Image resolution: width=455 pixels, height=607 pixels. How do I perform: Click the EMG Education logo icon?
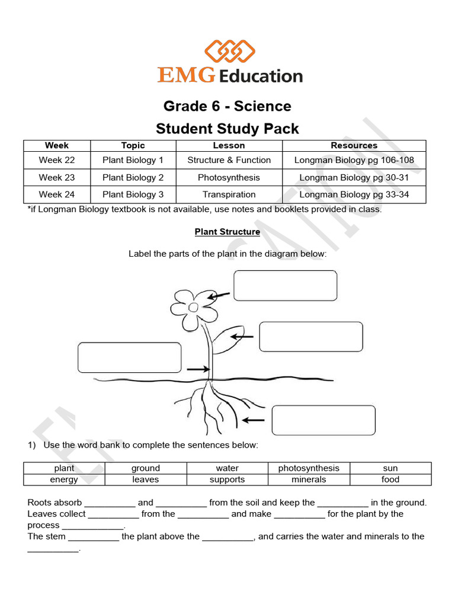(x=229, y=51)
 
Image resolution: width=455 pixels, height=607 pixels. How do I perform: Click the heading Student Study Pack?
(x=227, y=129)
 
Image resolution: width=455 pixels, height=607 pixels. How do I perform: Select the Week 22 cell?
(x=57, y=160)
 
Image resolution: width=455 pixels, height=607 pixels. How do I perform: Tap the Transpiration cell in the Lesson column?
(x=229, y=194)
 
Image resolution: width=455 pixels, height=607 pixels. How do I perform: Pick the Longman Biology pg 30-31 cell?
(x=354, y=177)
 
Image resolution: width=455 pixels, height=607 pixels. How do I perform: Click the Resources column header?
(x=354, y=145)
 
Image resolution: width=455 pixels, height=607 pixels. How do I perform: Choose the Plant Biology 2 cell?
(x=133, y=177)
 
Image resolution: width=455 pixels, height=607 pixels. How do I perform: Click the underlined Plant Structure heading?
(x=227, y=232)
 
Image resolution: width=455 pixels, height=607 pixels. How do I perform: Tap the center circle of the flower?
(x=193, y=307)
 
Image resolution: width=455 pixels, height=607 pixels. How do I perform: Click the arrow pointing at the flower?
(x=219, y=294)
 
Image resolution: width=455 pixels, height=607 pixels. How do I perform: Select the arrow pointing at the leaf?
(x=242, y=337)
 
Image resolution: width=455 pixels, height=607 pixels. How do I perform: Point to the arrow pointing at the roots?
(x=254, y=420)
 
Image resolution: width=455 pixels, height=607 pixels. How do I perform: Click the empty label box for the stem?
(x=129, y=357)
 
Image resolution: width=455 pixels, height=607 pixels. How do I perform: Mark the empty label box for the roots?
(x=323, y=420)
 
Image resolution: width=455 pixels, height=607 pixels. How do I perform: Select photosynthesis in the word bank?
(x=309, y=468)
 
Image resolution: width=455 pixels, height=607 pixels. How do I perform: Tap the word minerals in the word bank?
(x=309, y=480)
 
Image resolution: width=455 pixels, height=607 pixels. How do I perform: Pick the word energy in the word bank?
(x=64, y=480)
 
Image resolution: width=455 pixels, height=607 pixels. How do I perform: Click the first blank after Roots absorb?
(x=110, y=503)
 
